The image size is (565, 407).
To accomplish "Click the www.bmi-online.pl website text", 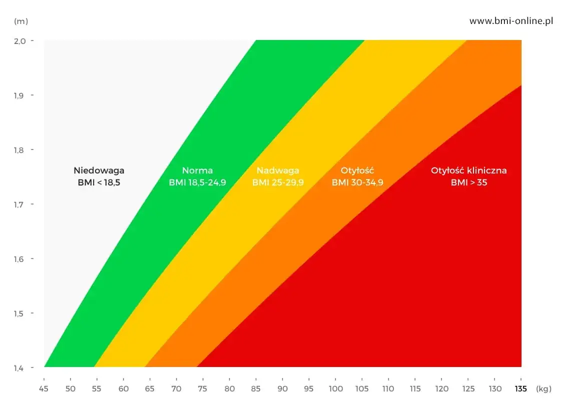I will pyautogui.click(x=511, y=21).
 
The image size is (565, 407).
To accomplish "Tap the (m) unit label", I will pyautogui.click(x=21, y=21).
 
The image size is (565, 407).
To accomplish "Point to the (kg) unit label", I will pyautogui.click(x=543, y=388).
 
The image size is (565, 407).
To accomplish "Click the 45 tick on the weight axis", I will pyautogui.click(x=44, y=388).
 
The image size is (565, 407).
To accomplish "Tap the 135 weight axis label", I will pyautogui.click(x=521, y=388).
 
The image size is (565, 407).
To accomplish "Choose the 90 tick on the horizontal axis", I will pyautogui.click(x=282, y=388).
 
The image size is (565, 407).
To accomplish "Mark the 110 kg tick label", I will pyautogui.click(x=388, y=388).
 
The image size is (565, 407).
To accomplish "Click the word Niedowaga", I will pyautogui.click(x=99, y=170).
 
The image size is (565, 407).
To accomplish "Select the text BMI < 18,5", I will pyautogui.click(x=99, y=182).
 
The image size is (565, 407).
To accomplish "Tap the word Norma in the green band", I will pyautogui.click(x=197, y=170).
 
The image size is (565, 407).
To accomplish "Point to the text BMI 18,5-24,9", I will pyautogui.click(x=197, y=182).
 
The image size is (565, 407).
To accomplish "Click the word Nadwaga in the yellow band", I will pyautogui.click(x=278, y=170).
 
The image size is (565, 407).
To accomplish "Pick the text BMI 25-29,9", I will pyautogui.click(x=278, y=182).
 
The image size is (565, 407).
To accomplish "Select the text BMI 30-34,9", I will pyautogui.click(x=357, y=182).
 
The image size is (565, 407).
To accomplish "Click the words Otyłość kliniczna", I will pyautogui.click(x=468, y=170).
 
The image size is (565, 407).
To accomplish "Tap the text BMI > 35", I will pyautogui.click(x=468, y=182).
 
